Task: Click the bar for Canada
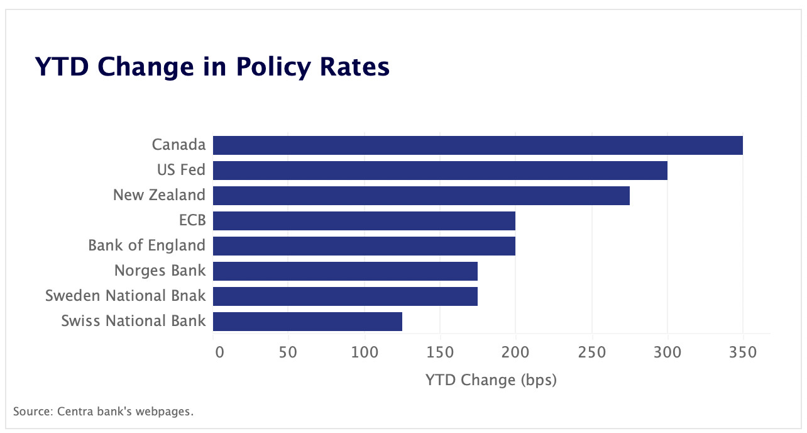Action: [x=478, y=145]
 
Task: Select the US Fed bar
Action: [x=440, y=170]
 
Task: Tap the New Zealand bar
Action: [x=421, y=195]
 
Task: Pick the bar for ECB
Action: [x=364, y=220]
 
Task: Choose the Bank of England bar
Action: [x=364, y=245]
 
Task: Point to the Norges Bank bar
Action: [x=345, y=271]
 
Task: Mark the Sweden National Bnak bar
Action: [x=345, y=296]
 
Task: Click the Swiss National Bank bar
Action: [x=307, y=321]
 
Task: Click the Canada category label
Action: [x=178, y=145]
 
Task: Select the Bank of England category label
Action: [x=146, y=245]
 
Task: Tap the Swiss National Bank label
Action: [x=133, y=321]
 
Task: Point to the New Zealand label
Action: [x=159, y=195]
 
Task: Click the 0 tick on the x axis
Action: [x=219, y=351]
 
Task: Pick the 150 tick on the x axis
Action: [x=440, y=351]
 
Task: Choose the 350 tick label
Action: [x=743, y=351]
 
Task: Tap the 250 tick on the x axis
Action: [x=591, y=351]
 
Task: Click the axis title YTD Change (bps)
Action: [x=491, y=380]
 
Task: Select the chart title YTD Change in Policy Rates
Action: [x=212, y=67]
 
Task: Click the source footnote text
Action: [x=104, y=412]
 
